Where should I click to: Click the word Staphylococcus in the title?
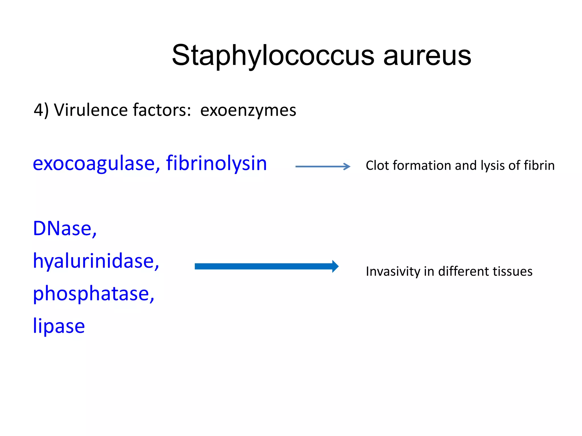(273, 56)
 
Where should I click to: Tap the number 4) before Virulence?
(41, 110)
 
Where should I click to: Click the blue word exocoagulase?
(94, 163)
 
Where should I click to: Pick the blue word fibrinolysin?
(217, 163)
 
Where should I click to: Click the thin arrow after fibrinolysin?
(323, 167)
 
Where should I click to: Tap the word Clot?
(377, 165)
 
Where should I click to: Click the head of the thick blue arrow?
(335, 266)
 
